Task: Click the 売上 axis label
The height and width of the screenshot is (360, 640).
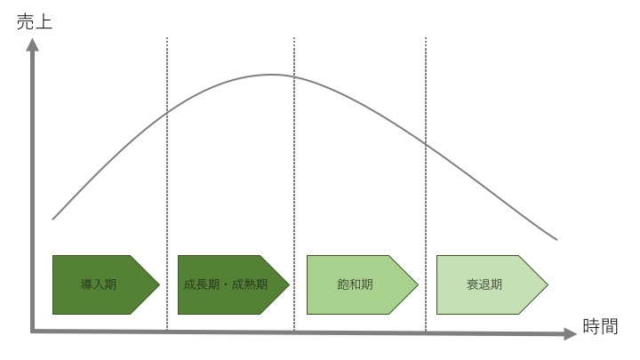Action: [35, 21]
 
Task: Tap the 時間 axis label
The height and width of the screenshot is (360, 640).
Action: [600, 326]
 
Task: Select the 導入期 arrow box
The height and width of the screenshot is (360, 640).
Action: [106, 285]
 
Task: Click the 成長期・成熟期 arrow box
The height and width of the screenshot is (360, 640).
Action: [234, 285]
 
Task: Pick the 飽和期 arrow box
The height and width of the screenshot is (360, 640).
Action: [363, 285]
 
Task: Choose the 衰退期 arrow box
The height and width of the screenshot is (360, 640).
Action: [492, 285]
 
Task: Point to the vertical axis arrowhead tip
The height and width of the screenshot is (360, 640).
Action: [32, 38]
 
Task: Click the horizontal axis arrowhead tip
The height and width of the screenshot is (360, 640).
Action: [576, 333]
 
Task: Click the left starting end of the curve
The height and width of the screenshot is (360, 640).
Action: [53, 220]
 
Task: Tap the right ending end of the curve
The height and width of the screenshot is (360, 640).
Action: [556, 240]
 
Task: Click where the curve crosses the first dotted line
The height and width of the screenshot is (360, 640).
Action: [167, 112]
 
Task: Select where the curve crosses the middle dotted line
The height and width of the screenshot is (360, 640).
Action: [294, 76]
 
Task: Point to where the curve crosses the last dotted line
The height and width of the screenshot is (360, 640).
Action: [426, 144]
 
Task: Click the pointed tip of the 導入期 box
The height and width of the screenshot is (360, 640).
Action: [160, 285]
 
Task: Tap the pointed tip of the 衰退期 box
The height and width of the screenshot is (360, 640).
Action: [548, 285]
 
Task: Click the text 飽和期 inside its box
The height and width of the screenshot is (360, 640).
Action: [355, 284]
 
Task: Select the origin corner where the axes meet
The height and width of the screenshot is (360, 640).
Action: [32, 332]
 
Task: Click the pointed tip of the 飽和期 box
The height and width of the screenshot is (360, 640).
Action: [419, 285]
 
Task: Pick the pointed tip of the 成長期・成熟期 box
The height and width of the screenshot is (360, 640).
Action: [290, 285]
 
